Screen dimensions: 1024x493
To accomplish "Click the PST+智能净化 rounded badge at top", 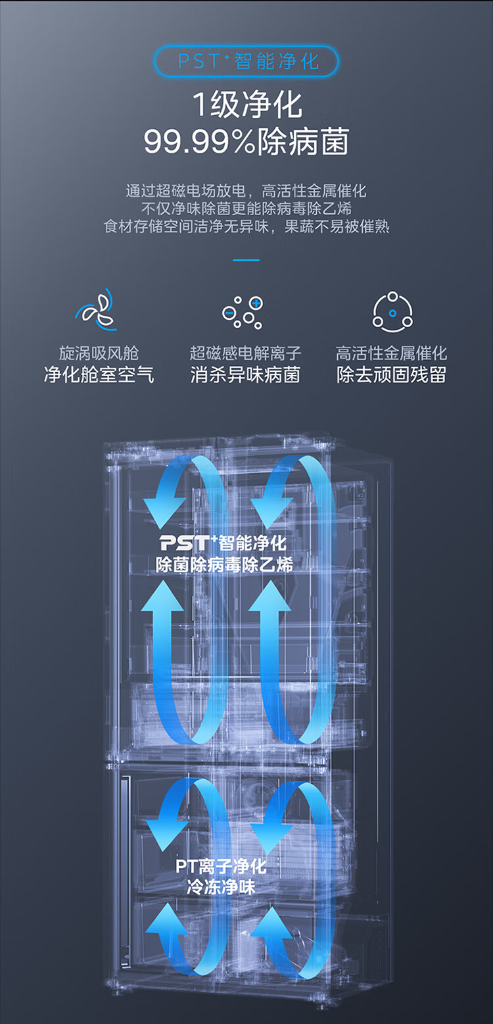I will point(246,61).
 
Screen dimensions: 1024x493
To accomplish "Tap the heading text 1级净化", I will point(246,105).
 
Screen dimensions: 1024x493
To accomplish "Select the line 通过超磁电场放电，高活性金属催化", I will point(246,191).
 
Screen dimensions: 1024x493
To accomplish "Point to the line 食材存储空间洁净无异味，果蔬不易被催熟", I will point(246,226).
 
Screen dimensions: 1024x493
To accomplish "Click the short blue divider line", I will point(246,260).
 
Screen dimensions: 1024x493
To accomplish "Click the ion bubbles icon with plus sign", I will point(243,311).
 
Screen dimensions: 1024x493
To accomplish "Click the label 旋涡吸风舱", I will point(99,353).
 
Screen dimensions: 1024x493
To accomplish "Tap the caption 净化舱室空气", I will point(99,375).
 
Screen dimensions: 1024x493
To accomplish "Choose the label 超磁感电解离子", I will point(245,353).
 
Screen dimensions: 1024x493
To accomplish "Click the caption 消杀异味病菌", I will point(245,375).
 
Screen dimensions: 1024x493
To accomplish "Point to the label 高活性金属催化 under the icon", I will point(392,353).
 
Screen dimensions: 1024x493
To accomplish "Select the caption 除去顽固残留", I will point(392,375).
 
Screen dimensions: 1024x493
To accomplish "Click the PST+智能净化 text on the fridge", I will point(223,543).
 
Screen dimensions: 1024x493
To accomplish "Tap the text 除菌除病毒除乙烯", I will point(224,564).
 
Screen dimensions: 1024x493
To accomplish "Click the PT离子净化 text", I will point(221,865).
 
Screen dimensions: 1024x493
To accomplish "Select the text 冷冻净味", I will point(221,886).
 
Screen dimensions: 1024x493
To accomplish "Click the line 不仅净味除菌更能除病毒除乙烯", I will point(246,209).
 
